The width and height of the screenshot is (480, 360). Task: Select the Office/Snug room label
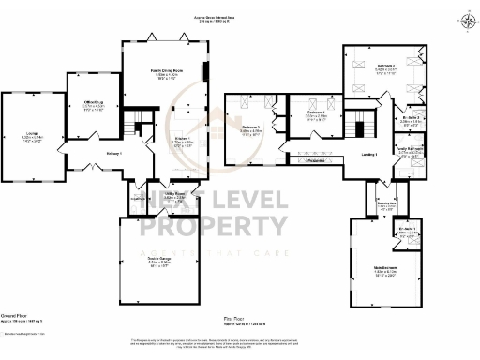click(x=91, y=103)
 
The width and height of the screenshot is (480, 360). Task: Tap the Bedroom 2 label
click(x=387, y=65)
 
